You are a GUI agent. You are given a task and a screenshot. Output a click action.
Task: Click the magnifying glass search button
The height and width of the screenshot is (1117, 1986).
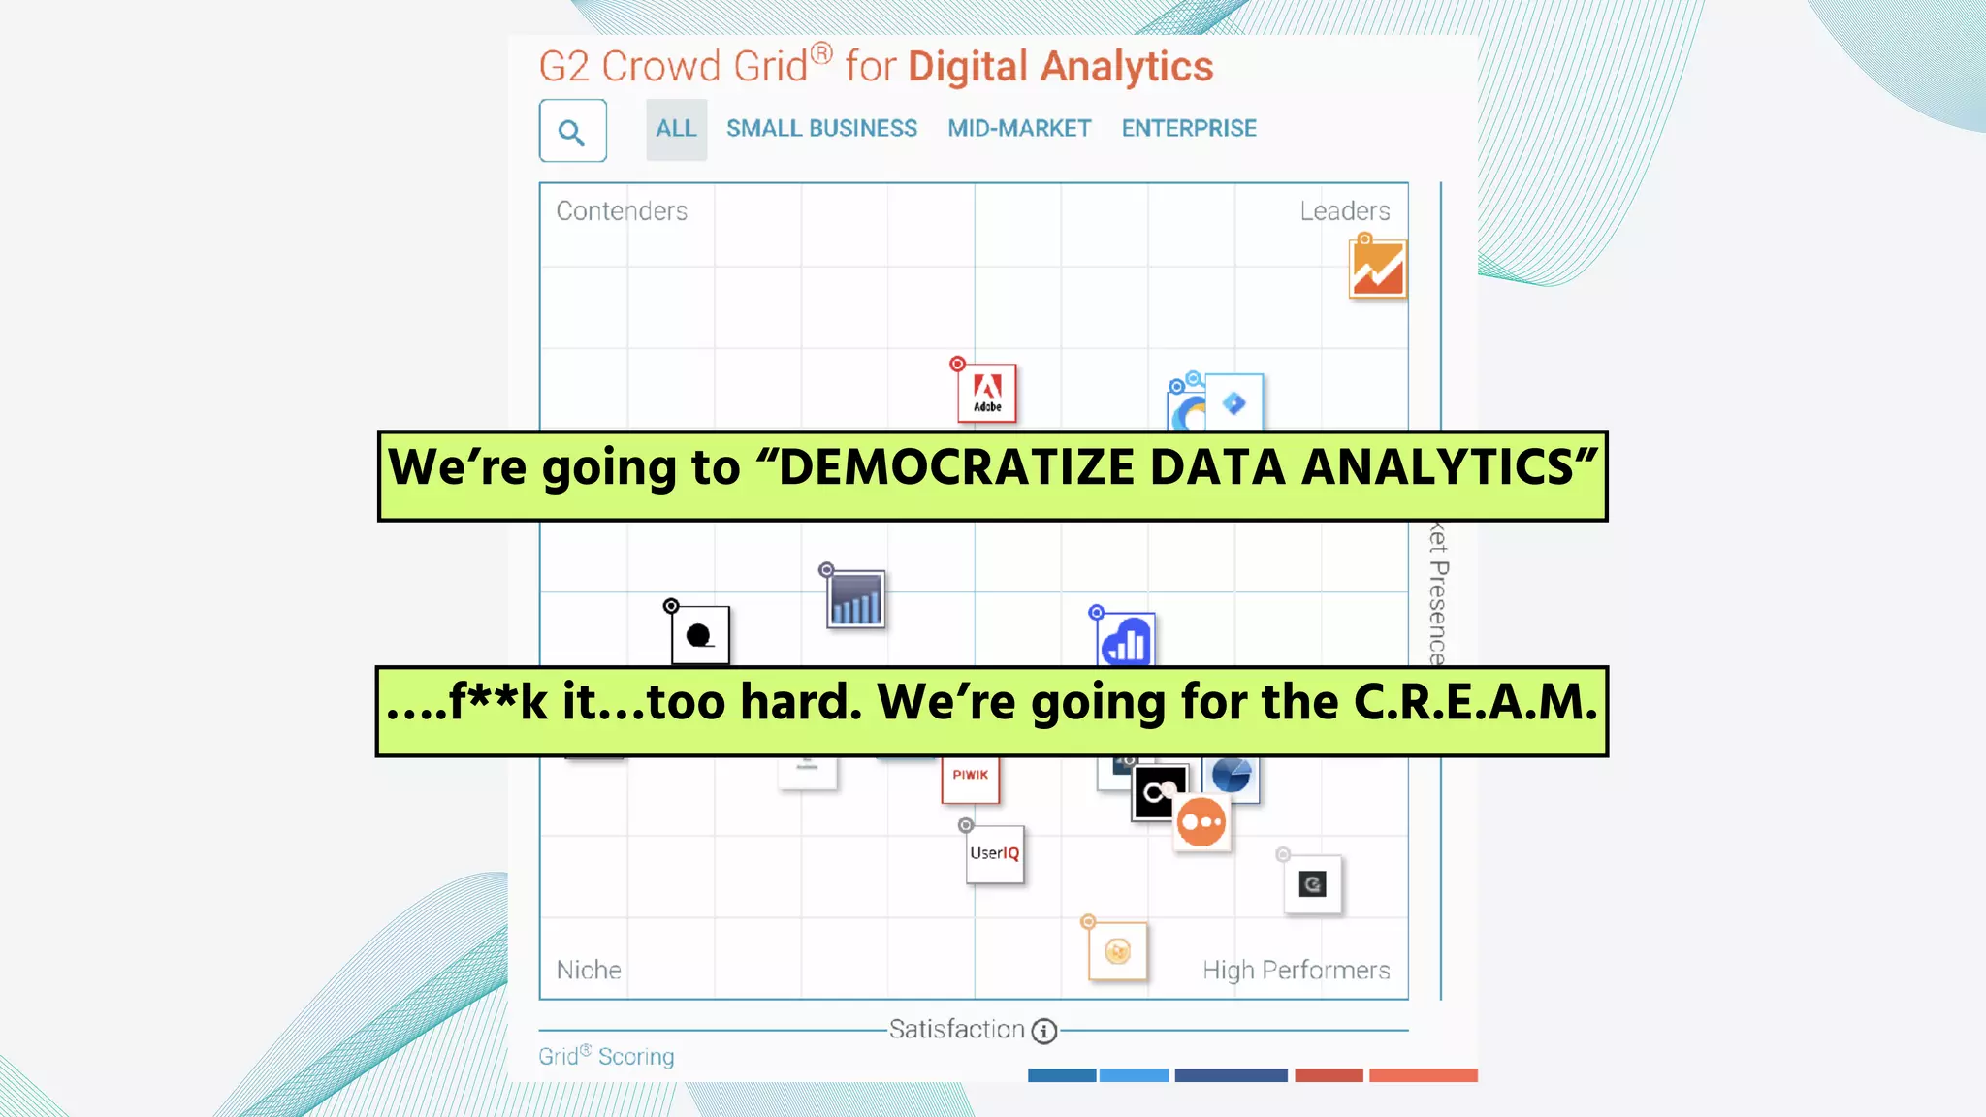tap(572, 131)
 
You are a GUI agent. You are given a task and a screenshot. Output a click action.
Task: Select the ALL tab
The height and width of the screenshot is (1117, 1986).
tap(676, 129)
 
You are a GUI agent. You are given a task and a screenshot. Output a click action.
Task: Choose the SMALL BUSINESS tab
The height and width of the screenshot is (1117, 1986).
tap(821, 129)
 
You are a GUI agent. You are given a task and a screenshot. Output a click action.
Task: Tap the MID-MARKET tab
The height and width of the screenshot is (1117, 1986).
tap(1019, 129)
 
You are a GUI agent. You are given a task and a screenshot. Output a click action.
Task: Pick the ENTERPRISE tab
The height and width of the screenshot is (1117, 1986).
tap(1189, 129)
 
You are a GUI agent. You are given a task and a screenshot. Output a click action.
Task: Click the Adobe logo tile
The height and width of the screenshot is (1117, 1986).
tap(987, 393)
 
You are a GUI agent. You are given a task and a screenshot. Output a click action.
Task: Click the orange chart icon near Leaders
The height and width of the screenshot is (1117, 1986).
tap(1377, 269)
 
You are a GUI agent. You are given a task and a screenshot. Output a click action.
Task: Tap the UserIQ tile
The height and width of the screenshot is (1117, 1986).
tap(995, 854)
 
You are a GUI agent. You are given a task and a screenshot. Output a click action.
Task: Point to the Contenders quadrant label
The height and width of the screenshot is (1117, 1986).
tap(622, 211)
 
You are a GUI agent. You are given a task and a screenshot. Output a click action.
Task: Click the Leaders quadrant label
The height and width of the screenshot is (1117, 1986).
tap(1344, 211)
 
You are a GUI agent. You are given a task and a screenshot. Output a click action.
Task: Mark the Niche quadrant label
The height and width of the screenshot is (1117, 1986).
tap(589, 970)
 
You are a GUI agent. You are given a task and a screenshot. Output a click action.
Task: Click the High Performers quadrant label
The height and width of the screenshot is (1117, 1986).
tap(1296, 970)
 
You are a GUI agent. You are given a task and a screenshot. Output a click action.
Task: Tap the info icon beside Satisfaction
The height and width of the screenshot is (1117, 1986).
tap(1044, 1031)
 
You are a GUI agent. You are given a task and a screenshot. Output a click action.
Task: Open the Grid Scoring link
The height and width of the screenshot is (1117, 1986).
tap(606, 1056)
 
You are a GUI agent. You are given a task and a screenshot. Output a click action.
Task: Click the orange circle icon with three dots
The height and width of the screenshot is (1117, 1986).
tap(1201, 823)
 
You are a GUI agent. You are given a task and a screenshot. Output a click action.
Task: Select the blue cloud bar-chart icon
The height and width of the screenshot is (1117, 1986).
tap(1126, 641)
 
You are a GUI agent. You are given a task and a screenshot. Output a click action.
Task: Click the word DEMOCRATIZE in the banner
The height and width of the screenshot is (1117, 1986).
tap(956, 467)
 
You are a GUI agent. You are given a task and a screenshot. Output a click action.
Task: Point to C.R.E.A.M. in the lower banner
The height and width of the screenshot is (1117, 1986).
tap(1475, 702)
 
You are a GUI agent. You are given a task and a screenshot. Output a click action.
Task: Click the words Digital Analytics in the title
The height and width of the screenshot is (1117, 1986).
tap(1060, 67)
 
